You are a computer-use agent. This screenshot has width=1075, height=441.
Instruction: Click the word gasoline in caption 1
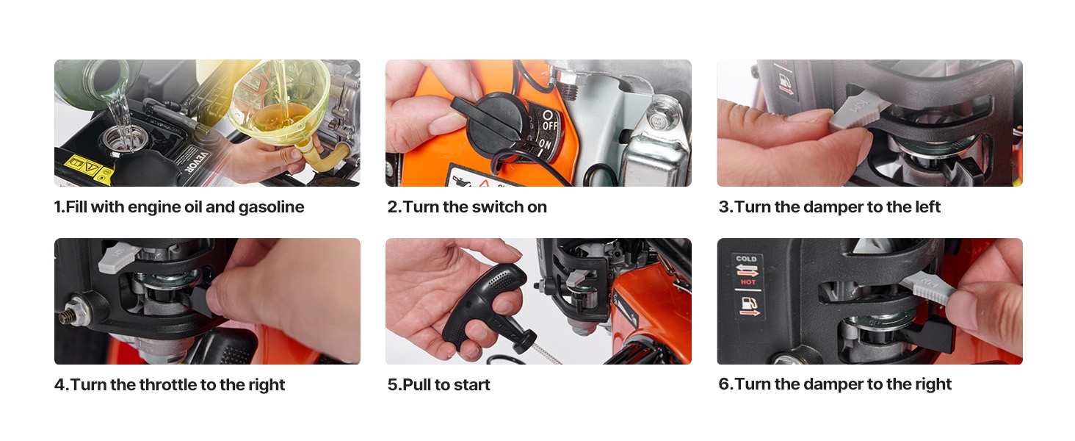point(271,207)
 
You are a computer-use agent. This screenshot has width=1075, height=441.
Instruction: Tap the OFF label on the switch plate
point(551,126)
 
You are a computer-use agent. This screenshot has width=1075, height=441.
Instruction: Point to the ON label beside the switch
point(545,143)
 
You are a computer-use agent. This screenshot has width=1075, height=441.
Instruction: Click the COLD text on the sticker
point(746,259)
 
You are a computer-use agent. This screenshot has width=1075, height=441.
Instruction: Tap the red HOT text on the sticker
point(748,282)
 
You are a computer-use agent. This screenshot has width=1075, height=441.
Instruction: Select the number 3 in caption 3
point(723,207)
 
